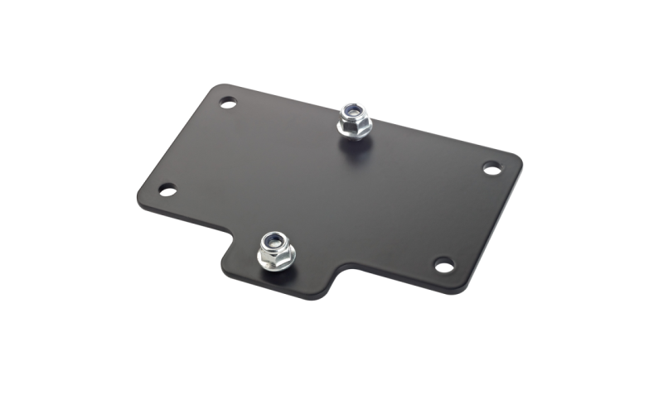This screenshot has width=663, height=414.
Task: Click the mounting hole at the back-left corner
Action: click(228, 103)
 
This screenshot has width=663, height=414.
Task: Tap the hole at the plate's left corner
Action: click(167, 190)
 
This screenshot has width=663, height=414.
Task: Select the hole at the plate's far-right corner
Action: click(491, 168)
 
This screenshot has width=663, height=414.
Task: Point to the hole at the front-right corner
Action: click(444, 265)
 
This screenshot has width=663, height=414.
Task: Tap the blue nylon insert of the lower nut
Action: click(273, 242)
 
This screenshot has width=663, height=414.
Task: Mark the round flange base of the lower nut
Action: click(277, 264)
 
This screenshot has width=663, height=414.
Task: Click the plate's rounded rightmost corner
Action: click(519, 161)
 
